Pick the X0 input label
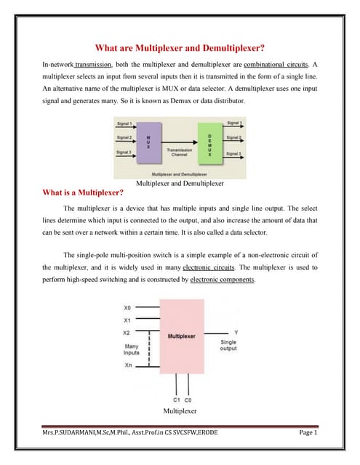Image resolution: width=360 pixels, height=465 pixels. (x=127, y=308)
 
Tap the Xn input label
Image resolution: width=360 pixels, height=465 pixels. (x=128, y=365)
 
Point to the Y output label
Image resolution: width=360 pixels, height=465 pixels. (x=236, y=332)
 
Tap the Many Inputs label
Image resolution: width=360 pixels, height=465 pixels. (x=131, y=349)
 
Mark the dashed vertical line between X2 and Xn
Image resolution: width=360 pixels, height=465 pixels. (x=150, y=349)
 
